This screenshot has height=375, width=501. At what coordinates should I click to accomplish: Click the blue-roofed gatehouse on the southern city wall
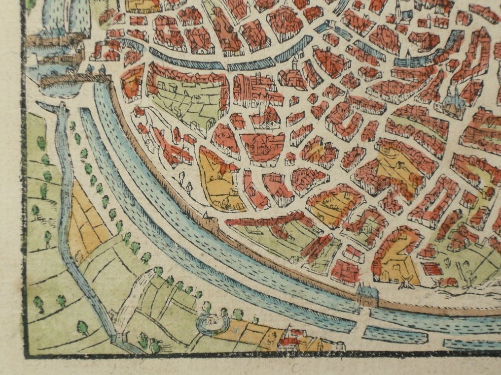pos(367,296)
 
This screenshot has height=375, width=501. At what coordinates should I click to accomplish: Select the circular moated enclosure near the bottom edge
pos(213,324)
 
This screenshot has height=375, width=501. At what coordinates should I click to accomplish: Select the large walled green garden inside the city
pos(185,101)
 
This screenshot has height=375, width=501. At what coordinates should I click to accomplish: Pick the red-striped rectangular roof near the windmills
pos(431,269)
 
